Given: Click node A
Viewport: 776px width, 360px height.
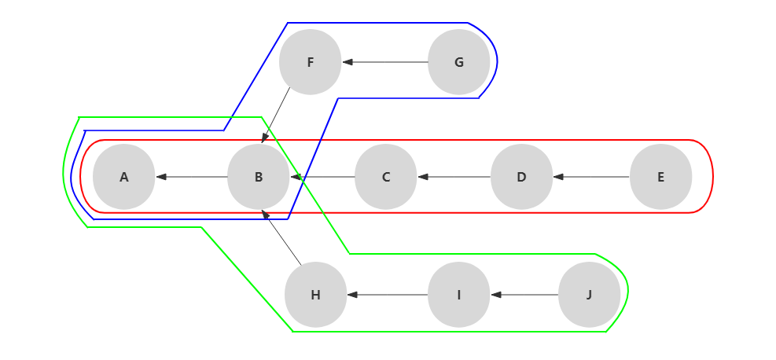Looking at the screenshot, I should coord(123,177).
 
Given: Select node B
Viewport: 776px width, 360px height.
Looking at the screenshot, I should coord(259,177).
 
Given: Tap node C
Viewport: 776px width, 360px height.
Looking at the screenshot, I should coord(385,177).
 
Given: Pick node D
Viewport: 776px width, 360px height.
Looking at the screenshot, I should coord(521,177).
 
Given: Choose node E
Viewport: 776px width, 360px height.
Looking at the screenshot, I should coord(660,177).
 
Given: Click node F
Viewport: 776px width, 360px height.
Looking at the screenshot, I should coord(310,62).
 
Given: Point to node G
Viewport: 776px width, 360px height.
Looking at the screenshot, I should coord(458,62).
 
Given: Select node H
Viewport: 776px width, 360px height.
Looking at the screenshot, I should coord(315,295).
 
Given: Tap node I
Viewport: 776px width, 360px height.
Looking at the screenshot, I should coord(458,295).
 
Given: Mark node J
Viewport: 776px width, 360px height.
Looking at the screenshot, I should coord(589,295).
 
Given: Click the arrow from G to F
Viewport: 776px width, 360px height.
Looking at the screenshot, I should coord(385,62).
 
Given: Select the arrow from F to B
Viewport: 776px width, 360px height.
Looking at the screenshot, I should coord(276,115).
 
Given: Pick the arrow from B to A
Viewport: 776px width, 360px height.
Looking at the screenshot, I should coord(192,177).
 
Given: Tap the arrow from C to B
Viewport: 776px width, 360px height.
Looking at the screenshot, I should coord(323,177).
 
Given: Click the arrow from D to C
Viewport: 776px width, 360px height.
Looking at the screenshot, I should coord(454,177).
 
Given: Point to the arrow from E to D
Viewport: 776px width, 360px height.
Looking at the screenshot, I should coord(591,177).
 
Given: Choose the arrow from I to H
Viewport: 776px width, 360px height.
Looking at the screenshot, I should coord(388,295).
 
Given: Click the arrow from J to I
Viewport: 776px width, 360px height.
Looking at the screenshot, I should coord(524,295).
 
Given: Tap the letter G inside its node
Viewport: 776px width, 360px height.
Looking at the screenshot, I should coord(459,63).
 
